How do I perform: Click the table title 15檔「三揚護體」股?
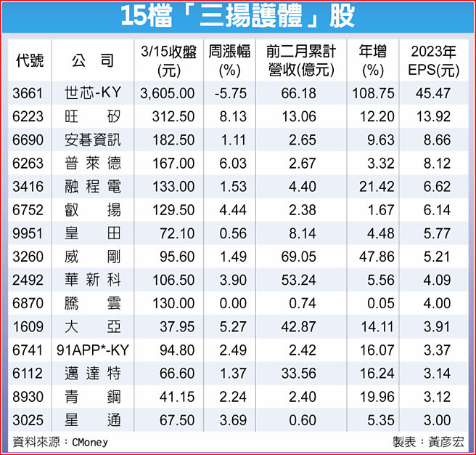pyautogui.click(x=237, y=16)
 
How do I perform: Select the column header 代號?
pyautogui.click(x=29, y=61)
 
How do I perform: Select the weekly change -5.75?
pyautogui.click(x=229, y=94)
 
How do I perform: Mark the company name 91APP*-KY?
pyautogui.click(x=93, y=350)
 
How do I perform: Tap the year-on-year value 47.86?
pyautogui.click(x=376, y=257)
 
